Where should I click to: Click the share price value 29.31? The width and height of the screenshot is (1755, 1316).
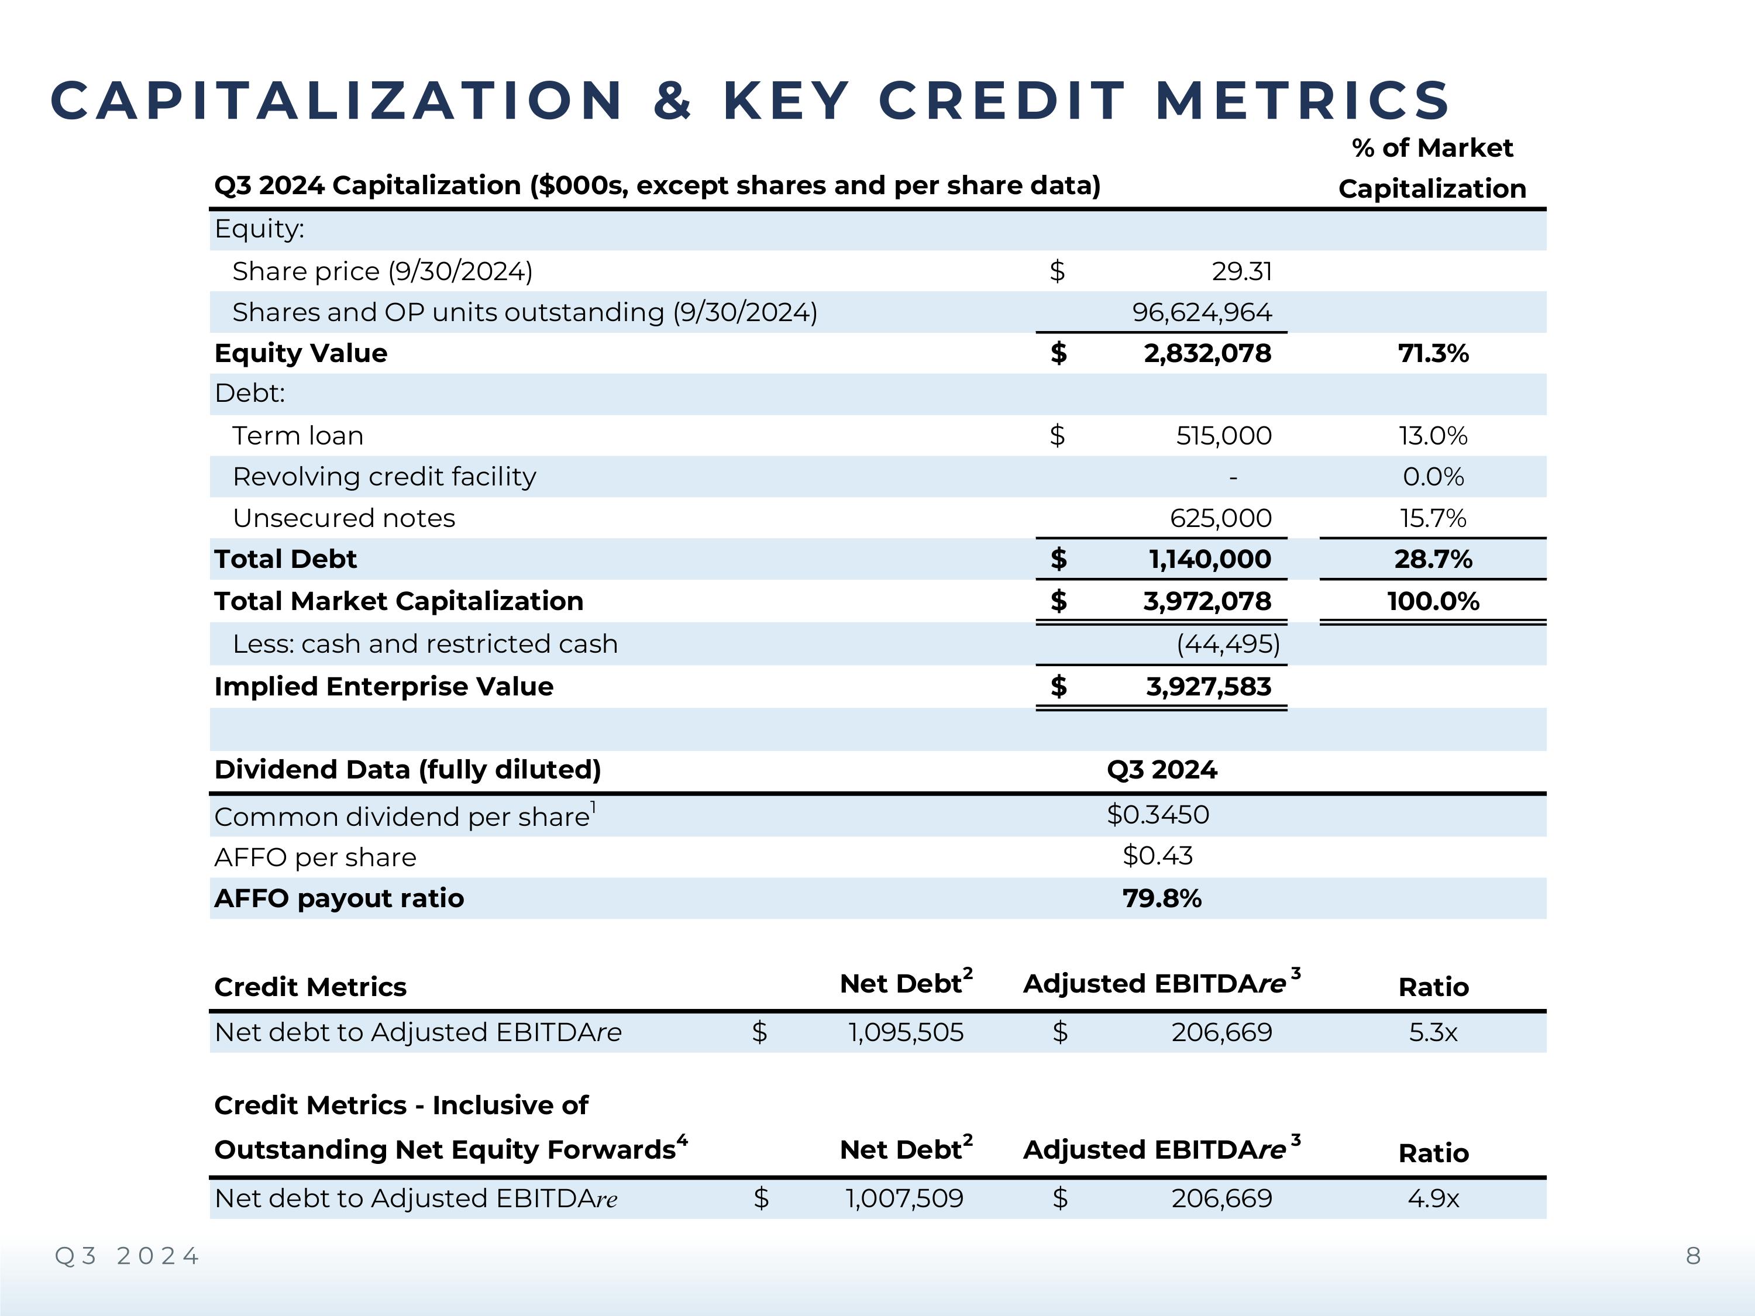click(x=1242, y=271)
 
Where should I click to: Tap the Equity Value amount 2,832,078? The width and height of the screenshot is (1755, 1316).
click(x=1207, y=353)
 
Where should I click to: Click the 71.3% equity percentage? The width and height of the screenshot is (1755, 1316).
click(x=1433, y=353)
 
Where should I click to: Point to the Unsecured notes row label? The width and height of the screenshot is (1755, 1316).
click(x=343, y=518)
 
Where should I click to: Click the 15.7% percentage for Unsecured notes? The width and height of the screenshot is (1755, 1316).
click(x=1433, y=518)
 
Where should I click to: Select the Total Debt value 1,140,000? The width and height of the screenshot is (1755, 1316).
click(x=1209, y=559)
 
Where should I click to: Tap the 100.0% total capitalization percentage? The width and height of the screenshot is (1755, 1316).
click(x=1433, y=601)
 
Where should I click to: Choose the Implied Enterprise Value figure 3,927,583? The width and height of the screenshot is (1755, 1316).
click(x=1209, y=686)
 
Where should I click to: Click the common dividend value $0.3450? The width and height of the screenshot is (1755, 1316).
click(x=1158, y=815)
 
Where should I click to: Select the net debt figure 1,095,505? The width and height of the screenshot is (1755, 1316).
click(x=905, y=1032)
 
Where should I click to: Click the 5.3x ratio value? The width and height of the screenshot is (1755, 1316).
click(x=1433, y=1032)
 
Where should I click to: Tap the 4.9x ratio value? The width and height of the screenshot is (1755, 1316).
click(x=1433, y=1198)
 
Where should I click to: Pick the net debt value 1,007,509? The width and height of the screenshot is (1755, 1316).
click(x=904, y=1198)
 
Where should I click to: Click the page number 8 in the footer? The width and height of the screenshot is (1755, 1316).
click(x=1693, y=1256)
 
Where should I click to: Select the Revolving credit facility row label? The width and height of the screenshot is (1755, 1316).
click(x=384, y=477)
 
